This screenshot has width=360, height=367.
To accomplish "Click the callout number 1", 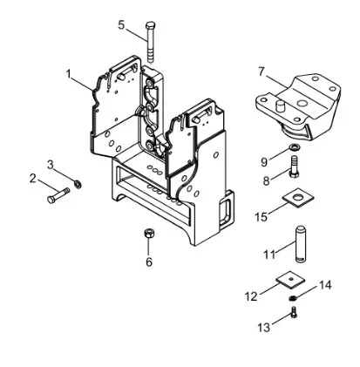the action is pyautogui.click(x=69, y=74).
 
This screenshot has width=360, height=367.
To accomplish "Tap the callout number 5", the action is pyautogui.click(x=121, y=25).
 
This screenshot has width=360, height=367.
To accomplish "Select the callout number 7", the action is pyautogui.click(x=262, y=71).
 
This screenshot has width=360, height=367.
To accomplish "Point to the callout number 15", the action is pyautogui.click(x=261, y=217).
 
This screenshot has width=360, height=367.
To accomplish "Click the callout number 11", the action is pyautogui.click(x=269, y=255).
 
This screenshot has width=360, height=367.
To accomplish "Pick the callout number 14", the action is pyautogui.click(x=325, y=285).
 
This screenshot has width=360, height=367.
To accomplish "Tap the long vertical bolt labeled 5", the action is pyautogui.click(x=151, y=42).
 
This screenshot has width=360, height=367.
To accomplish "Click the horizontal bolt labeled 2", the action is pyautogui.click(x=58, y=195).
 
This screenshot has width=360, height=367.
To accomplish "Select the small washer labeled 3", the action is pyautogui.click(x=78, y=184).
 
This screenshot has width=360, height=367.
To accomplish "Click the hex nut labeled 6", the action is pyautogui.click(x=149, y=233).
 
